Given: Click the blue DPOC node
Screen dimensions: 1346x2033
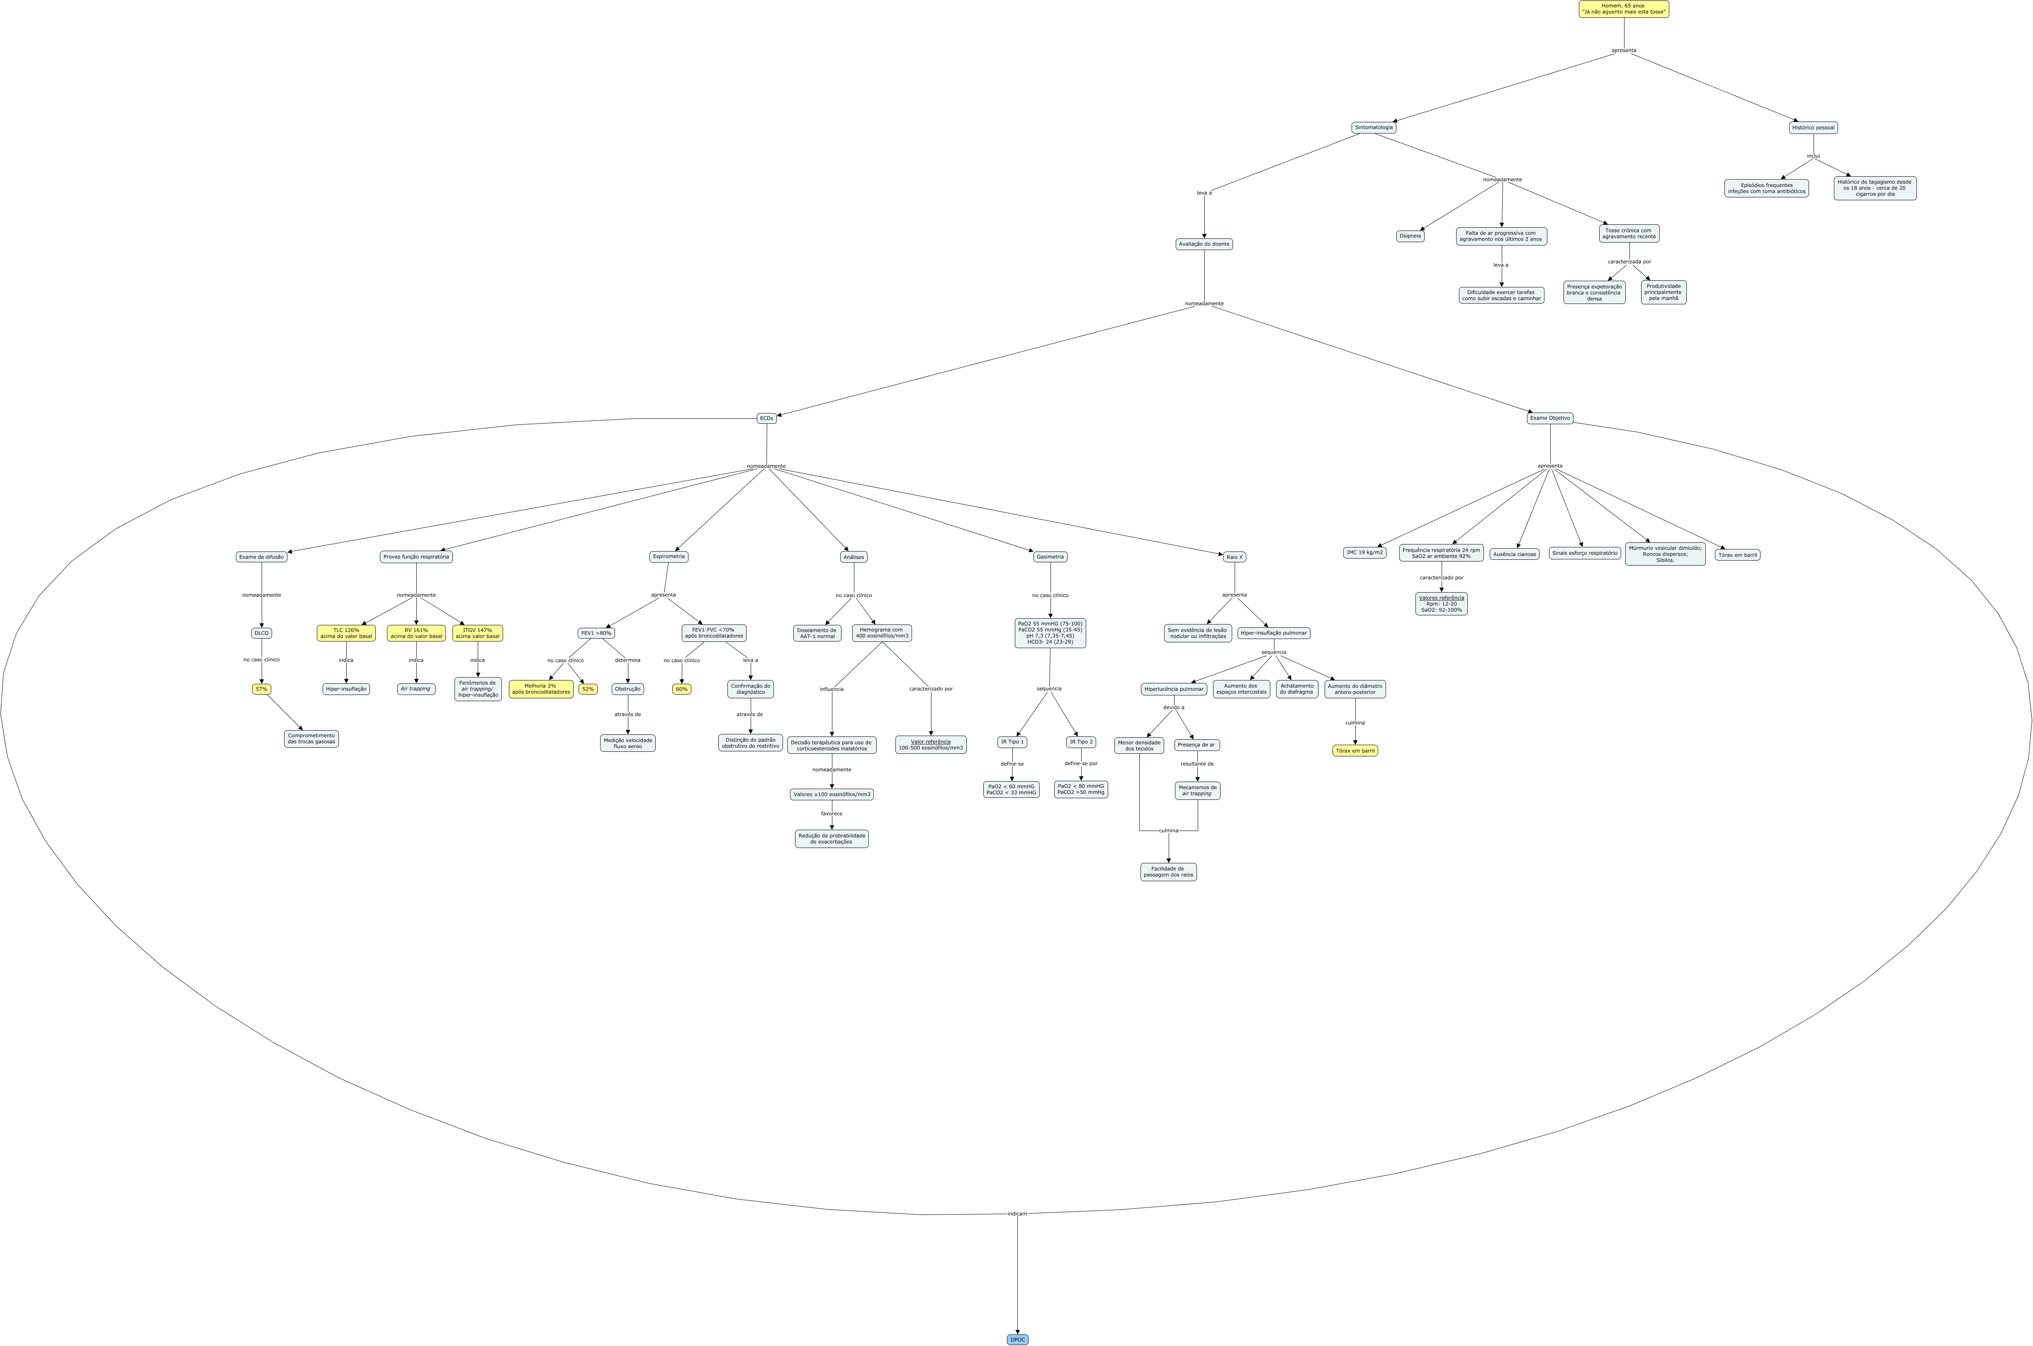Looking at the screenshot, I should coord(1017,1339).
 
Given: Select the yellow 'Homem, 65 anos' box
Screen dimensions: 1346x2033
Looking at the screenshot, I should coord(1624,9).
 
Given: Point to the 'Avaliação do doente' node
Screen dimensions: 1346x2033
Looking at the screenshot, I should coord(1204,244).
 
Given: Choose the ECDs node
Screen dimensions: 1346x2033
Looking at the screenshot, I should coord(767,418).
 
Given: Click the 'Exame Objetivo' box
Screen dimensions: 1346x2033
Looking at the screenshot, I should coord(1550,418).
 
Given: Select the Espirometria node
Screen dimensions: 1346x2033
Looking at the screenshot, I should coord(669,556).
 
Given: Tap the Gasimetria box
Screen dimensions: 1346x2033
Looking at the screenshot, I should coord(1050,556).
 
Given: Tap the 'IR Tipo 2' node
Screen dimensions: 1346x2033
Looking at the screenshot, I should coord(1081,742).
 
